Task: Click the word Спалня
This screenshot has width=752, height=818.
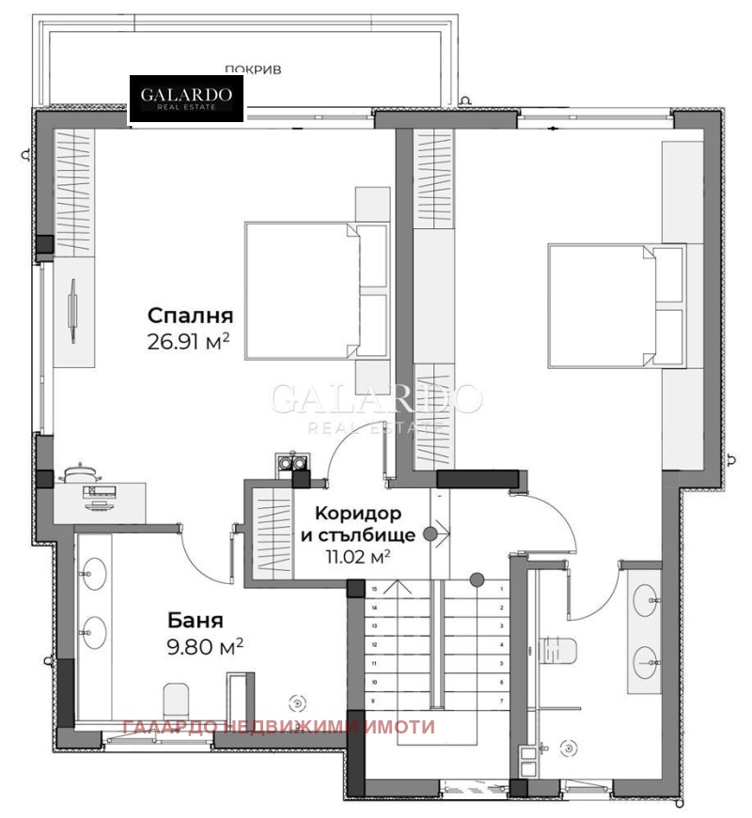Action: [190, 316]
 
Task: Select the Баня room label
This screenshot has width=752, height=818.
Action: [196, 620]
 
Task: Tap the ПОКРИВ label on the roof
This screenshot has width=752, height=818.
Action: [253, 69]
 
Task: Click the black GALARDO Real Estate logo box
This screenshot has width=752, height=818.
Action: [186, 100]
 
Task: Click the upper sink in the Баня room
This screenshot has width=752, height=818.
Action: [93, 574]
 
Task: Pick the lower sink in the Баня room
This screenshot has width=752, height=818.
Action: [93, 631]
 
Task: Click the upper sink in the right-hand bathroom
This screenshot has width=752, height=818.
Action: [646, 596]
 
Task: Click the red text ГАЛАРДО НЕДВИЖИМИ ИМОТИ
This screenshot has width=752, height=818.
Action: [279, 727]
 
